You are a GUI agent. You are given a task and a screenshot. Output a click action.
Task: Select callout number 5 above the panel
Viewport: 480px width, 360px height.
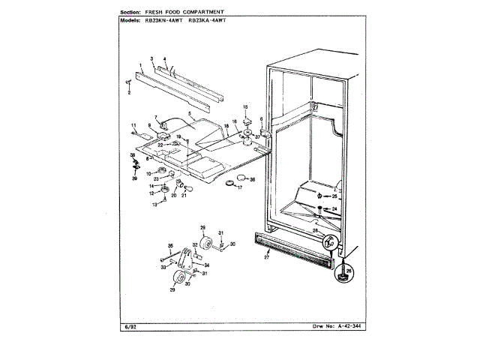190,115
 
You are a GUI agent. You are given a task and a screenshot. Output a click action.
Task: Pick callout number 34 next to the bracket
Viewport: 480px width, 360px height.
208,264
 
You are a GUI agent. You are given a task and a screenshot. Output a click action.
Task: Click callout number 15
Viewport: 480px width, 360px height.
244,107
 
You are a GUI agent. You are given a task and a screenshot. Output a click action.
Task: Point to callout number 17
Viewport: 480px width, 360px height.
239,187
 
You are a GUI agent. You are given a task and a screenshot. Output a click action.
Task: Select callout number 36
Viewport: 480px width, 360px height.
252,180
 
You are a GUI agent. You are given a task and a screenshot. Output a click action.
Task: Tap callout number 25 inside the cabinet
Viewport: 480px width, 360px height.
335,196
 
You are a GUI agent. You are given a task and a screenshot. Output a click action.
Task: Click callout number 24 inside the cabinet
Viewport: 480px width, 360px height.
335,208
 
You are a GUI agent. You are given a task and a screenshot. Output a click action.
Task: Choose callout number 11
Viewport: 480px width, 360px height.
133,125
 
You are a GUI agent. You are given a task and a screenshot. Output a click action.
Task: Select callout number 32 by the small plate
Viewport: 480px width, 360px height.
195,244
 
